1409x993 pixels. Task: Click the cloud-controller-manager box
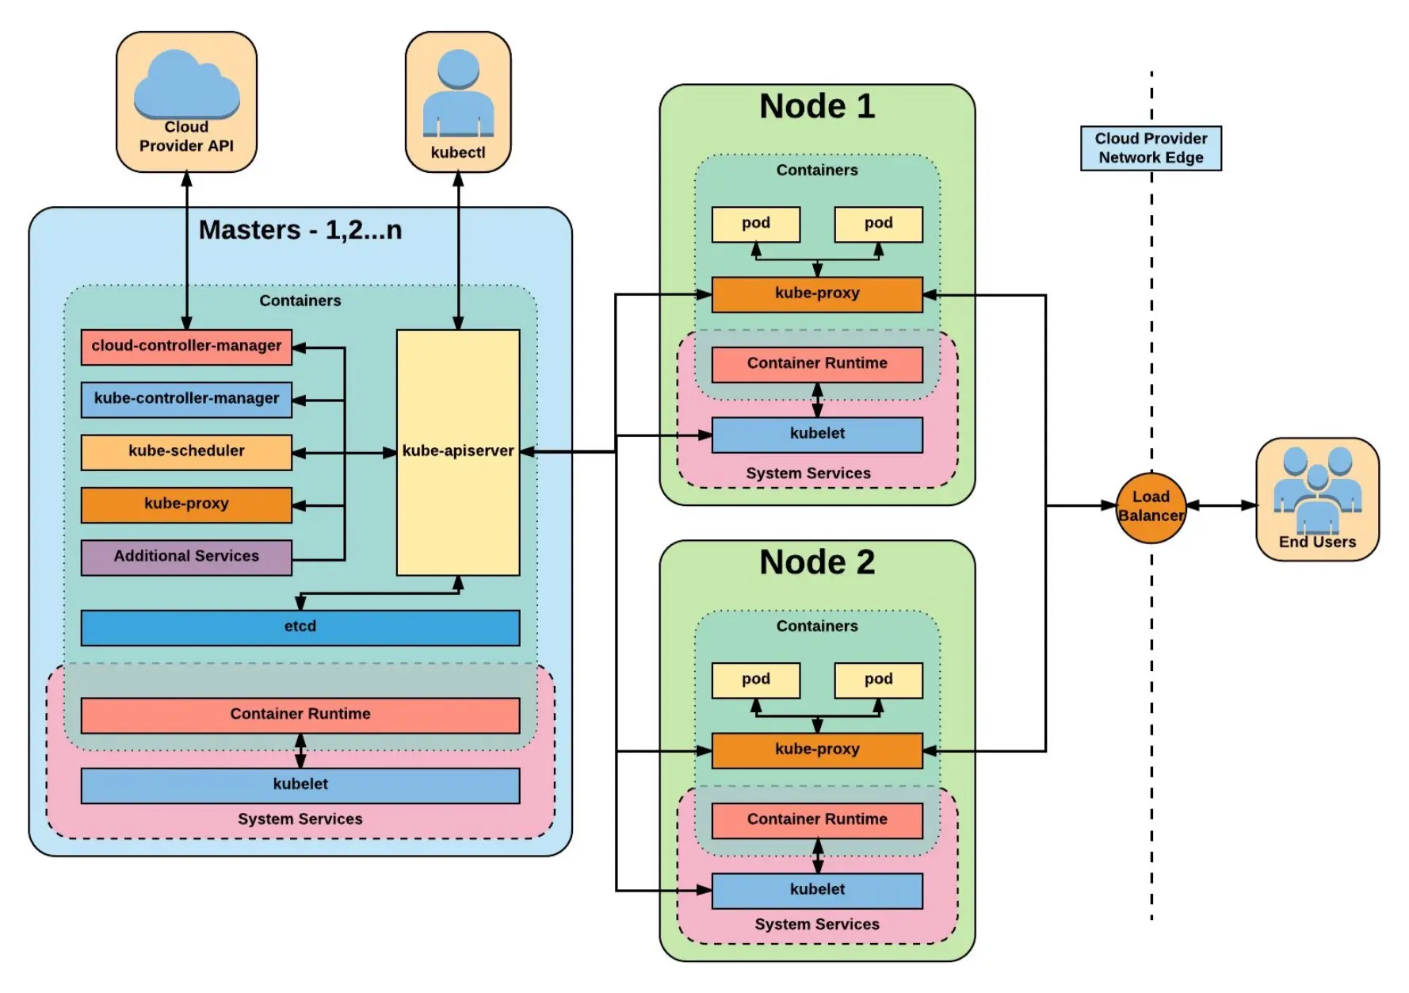pyautogui.click(x=186, y=347)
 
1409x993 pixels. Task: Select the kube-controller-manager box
pyautogui.click(x=186, y=399)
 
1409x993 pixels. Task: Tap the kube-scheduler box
pyautogui.click(x=186, y=451)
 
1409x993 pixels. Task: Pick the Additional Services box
pyautogui.click(x=186, y=557)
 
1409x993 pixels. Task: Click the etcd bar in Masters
pyautogui.click(x=300, y=627)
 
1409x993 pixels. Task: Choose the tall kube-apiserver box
pyautogui.click(x=458, y=452)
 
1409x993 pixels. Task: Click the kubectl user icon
pyautogui.click(x=458, y=94)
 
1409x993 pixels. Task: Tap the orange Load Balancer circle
pyautogui.click(x=1151, y=507)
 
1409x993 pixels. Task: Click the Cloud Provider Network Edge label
pyautogui.click(x=1151, y=148)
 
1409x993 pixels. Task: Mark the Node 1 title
pyautogui.click(x=817, y=106)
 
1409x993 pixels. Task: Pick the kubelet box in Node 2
pyautogui.click(x=817, y=890)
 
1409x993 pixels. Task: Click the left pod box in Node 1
pyautogui.click(x=756, y=224)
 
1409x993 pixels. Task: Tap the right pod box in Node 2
pyautogui.click(x=878, y=680)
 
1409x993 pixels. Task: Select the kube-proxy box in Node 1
pyautogui.click(x=817, y=293)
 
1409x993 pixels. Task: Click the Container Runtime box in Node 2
pyautogui.click(x=817, y=820)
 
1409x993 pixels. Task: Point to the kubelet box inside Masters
pyautogui.click(x=300, y=785)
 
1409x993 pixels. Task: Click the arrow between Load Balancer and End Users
pyautogui.click(x=1221, y=505)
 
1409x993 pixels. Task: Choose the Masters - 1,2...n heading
pyautogui.click(x=300, y=230)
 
